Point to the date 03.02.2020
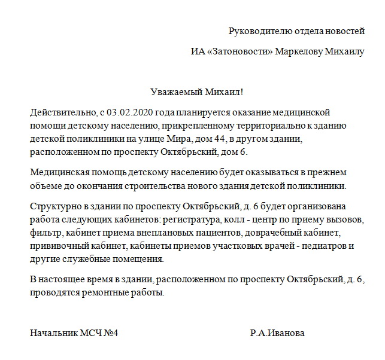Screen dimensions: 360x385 pos(129,112)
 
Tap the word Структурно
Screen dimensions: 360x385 pos(53,207)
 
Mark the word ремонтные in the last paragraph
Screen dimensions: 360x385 pos(108,293)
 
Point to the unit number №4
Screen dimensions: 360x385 pos(110,333)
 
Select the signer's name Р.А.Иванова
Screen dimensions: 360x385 pos(277,333)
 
